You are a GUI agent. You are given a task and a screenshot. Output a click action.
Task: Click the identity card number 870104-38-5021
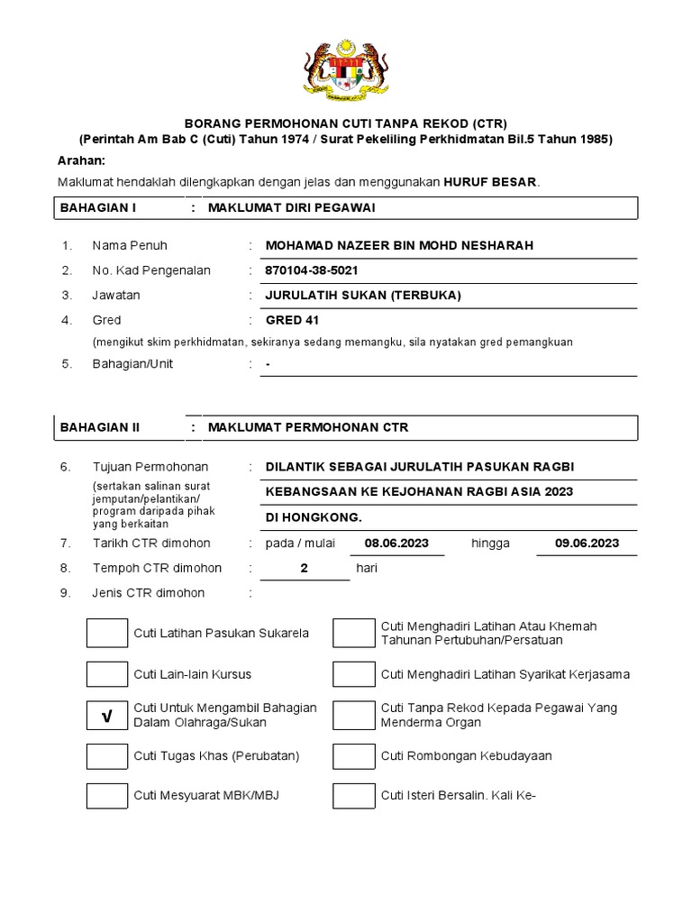(317, 270)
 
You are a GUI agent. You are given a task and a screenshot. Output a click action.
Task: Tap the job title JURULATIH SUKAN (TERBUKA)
(363, 295)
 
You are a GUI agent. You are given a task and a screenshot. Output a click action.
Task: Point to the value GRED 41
(292, 320)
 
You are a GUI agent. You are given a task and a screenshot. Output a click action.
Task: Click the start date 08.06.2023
(397, 544)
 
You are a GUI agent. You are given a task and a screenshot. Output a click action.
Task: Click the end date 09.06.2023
(587, 544)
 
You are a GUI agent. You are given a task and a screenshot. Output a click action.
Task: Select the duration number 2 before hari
(305, 569)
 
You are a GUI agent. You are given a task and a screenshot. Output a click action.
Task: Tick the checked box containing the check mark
(107, 716)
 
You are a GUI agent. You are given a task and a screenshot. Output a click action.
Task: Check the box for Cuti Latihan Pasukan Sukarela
(107, 633)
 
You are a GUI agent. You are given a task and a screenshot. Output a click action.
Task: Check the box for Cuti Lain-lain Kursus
(107, 674)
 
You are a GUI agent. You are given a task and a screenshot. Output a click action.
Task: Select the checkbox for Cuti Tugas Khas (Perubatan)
(107, 755)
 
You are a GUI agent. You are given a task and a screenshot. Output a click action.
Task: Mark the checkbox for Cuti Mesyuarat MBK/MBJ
(107, 796)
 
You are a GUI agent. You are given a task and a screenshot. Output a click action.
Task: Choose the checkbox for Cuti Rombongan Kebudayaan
(353, 755)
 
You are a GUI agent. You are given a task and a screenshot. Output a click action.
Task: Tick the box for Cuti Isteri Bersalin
(353, 796)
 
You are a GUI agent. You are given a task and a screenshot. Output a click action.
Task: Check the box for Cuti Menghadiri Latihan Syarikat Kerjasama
(353, 674)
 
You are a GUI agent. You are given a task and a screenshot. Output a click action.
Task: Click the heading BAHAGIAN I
(97, 208)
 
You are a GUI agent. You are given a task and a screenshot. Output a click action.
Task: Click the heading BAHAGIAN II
(99, 427)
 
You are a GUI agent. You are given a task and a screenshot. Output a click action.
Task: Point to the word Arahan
(82, 160)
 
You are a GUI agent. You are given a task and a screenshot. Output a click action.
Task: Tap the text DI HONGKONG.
(314, 518)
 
